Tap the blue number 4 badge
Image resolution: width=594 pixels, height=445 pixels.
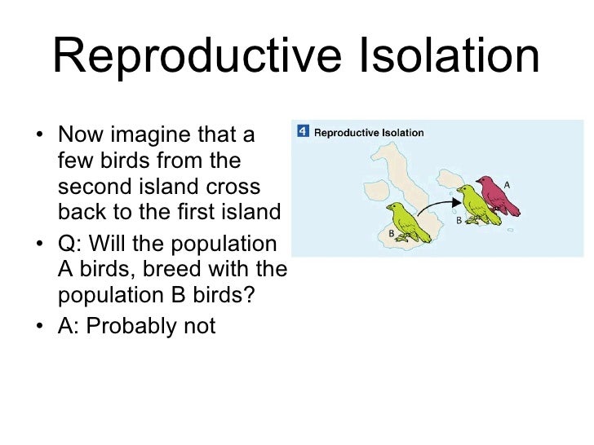(302, 130)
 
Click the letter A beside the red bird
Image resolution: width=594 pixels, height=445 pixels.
(507, 184)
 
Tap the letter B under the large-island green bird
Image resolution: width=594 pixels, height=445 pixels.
(392, 234)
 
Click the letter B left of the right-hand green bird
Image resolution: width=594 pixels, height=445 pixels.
(459, 219)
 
